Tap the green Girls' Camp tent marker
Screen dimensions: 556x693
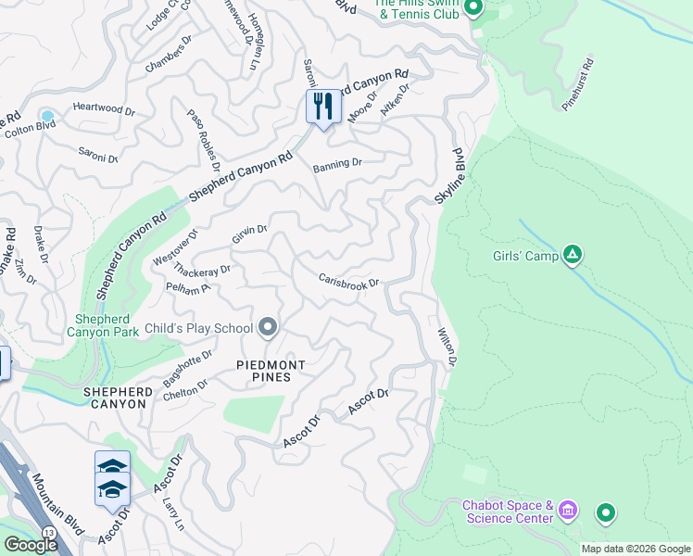coord(573,254)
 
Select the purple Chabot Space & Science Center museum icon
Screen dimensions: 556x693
coord(569,511)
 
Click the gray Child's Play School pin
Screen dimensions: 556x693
coord(269,327)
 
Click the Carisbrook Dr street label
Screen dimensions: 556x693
coord(349,281)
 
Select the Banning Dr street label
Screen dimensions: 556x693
coord(336,164)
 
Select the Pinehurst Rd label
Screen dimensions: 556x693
coord(577,86)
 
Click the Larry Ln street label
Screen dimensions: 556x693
coord(171,511)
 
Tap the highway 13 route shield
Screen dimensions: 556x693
coord(48,531)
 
